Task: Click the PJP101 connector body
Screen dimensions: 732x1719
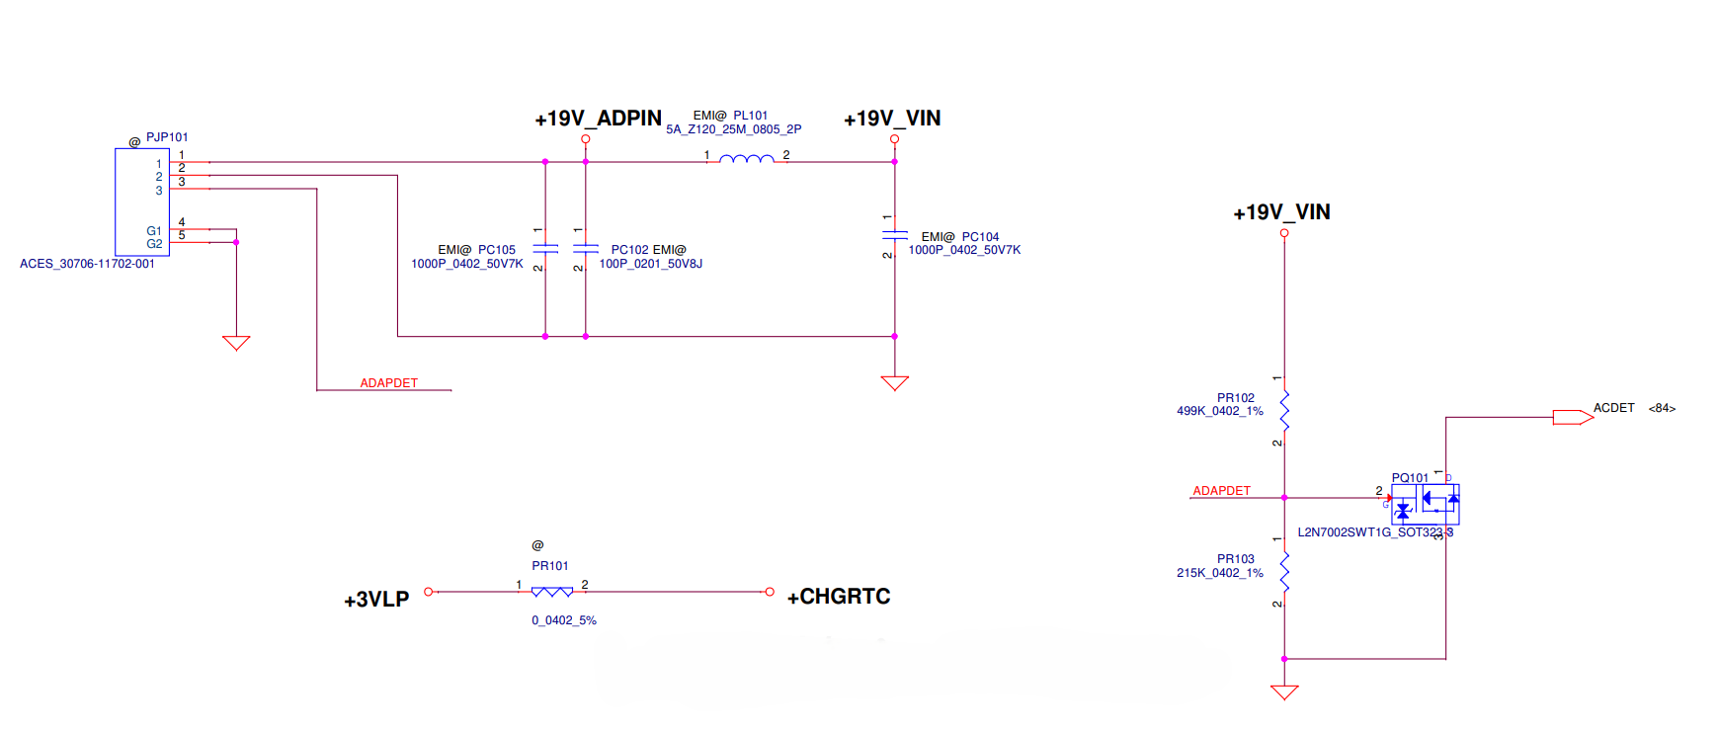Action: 142,203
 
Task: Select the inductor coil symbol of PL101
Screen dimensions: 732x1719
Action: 747,159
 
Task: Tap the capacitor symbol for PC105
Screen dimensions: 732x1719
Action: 545,249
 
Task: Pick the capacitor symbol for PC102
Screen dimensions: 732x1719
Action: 586,249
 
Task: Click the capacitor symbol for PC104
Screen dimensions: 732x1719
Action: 895,235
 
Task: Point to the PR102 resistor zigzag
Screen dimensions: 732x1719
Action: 1284,409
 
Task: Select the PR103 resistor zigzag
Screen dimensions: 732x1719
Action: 1284,571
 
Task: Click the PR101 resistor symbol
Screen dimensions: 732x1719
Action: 552,592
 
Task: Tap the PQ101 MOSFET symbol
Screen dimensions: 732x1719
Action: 1426,504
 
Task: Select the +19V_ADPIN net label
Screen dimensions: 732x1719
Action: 598,119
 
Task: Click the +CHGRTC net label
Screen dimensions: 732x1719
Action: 839,597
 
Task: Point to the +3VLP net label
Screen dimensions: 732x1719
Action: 376,600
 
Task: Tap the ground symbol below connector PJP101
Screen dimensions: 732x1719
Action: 236,343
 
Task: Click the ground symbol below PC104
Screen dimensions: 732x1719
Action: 895,382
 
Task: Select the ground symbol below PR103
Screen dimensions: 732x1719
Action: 1284,691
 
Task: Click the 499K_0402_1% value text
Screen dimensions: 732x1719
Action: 1219,411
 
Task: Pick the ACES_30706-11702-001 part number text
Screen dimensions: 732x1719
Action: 87,264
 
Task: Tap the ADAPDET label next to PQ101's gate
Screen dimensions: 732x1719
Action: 1221,491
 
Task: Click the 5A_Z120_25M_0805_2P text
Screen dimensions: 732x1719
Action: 733,129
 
